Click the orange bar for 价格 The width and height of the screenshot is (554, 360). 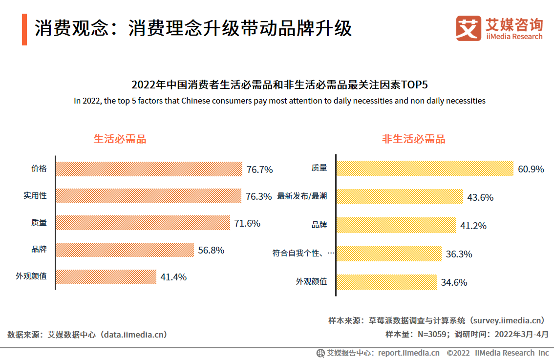149,169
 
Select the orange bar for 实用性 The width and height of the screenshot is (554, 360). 149,196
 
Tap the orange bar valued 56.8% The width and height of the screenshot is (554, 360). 125,250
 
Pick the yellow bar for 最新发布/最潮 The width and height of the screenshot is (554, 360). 400,197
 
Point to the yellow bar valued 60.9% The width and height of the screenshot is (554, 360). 425,169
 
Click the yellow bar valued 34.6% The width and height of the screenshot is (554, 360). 386,282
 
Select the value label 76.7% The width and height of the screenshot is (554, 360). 259,170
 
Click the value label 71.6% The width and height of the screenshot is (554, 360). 247,224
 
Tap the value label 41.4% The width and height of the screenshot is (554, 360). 173,277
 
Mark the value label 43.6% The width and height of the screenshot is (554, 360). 480,198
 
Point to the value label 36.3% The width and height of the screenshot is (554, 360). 459,254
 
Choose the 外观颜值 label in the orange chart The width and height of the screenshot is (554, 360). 31,276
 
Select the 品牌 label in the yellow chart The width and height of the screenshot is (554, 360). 319,225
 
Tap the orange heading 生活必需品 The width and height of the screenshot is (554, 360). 120,139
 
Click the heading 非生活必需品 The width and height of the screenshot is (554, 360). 413,139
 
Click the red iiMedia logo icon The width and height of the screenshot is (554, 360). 469,28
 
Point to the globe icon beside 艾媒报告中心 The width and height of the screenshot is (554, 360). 320,353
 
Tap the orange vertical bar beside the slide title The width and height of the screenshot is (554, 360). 24,30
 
